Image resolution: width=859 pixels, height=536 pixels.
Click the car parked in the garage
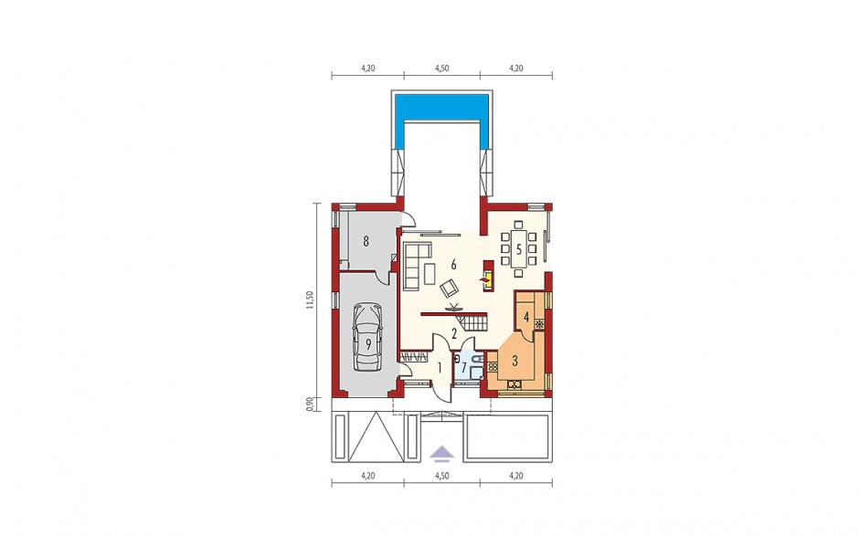click(367, 337)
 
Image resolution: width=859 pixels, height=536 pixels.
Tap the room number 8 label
click(366, 240)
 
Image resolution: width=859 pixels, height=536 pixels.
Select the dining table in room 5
click(518, 248)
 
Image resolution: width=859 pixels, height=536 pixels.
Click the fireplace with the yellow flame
click(487, 277)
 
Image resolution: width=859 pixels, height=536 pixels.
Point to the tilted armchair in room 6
click(451, 287)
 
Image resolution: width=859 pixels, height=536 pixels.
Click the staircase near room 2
click(474, 322)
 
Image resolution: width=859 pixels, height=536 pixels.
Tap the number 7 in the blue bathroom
click(464, 367)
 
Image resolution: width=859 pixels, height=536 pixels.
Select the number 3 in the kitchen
click(515, 361)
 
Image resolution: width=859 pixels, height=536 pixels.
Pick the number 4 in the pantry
click(526, 317)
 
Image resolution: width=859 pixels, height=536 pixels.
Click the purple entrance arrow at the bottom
click(442, 452)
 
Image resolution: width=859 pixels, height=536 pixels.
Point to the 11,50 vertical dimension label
click(310, 300)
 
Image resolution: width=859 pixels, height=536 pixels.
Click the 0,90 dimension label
click(310, 403)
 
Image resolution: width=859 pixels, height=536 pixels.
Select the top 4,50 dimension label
click(442, 68)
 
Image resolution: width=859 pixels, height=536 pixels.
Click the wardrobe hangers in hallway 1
click(414, 357)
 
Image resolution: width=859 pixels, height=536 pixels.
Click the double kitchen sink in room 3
click(514, 384)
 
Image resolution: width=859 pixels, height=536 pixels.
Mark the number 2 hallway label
click(454, 332)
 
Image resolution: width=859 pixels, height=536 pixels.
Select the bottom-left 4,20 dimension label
click(367, 476)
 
